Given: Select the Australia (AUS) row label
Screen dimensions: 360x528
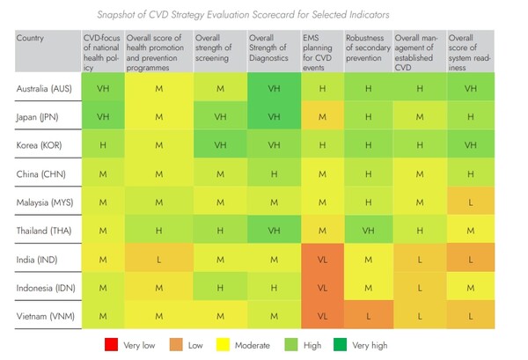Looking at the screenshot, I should [44, 89].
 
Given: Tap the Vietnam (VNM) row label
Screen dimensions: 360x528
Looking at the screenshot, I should [45, 313].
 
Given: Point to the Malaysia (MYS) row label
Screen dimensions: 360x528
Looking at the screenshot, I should [44, 202].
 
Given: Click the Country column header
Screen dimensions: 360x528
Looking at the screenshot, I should [32, 38].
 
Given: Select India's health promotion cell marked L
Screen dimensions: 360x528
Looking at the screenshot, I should [159, 258].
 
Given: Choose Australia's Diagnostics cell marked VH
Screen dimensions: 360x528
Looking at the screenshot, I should [274, 89].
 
